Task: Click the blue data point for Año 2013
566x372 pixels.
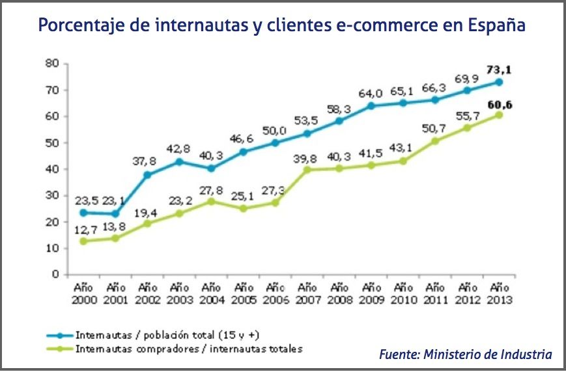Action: [x=499, y=82]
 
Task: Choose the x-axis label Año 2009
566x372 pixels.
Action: [x=371, y=293]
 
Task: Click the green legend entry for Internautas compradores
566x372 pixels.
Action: [x=189, y=349]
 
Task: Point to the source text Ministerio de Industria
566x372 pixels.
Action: [x=488, y=354]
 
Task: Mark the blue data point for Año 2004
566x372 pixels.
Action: [x=210, y=168]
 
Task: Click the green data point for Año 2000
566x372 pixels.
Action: [x=83, y=241]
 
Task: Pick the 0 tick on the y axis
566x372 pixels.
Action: [x=57, y=274]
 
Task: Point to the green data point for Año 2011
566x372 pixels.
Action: [x=435, y=140]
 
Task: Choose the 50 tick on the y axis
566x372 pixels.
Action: [x=53, y=142]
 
